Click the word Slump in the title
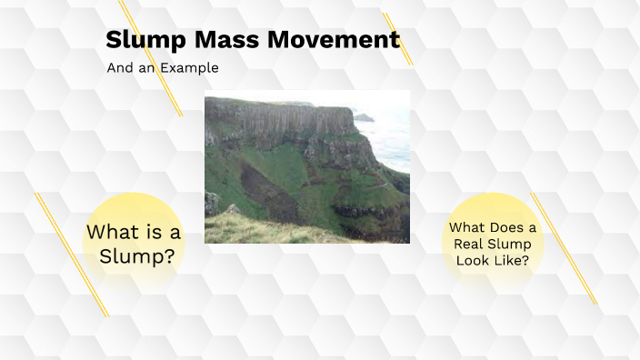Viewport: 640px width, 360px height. (x=145, y=40)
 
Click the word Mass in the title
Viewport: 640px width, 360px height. (x=226, y=40)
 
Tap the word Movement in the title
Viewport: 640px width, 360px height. (x=334, y=40)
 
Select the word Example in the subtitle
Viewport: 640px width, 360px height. (x=189, y=68)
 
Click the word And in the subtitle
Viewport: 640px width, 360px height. (x=120, y=68)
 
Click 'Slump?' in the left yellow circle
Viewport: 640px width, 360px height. (x=137, y=256)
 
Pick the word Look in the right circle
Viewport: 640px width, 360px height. (x=472, y=260)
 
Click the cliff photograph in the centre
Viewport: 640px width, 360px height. (x=307, y=166)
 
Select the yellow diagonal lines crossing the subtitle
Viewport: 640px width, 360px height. (x=151, y=58)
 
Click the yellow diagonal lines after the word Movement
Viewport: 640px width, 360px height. (x=398, y=39)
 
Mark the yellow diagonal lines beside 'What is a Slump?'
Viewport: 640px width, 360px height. (x=72, y=255)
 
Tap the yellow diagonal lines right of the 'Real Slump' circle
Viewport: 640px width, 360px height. (x=564, y=248)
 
